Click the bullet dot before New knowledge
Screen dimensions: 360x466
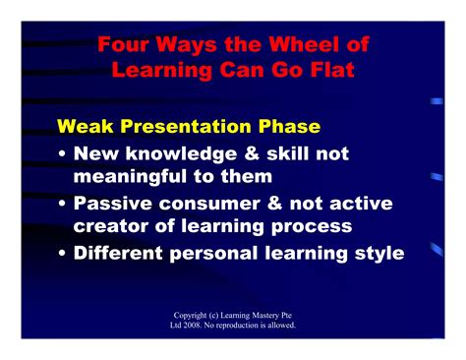tap(63, 154)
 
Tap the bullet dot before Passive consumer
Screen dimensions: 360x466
tap(63, 204)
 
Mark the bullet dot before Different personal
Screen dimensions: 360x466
tap(63, 253)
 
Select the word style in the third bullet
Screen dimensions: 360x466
tap(374, 253)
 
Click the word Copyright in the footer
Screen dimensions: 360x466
tap(191, 315)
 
